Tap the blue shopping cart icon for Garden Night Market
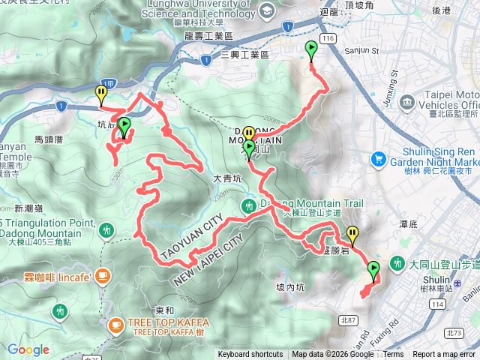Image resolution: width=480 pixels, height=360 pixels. [378, 160]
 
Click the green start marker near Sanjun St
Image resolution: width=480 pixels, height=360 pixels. [310, 49]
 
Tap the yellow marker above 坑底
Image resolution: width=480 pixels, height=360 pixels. [101, 93]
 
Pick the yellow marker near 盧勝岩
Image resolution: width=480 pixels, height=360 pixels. [351, 234]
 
